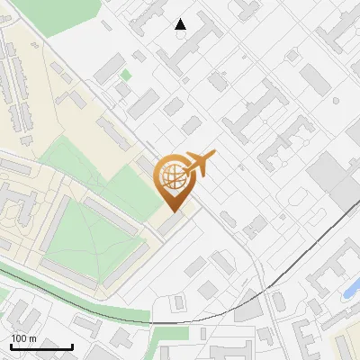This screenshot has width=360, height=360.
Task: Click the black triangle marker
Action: tap(181, 24)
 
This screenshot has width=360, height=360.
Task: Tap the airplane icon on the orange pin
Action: tap(200, 164)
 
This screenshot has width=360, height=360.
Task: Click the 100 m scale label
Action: tap(23, 337)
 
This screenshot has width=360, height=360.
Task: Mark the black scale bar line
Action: tap(41, 346)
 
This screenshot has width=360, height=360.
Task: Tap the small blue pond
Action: tap(352, 288)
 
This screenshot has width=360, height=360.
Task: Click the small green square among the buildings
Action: tap(126, 76)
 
